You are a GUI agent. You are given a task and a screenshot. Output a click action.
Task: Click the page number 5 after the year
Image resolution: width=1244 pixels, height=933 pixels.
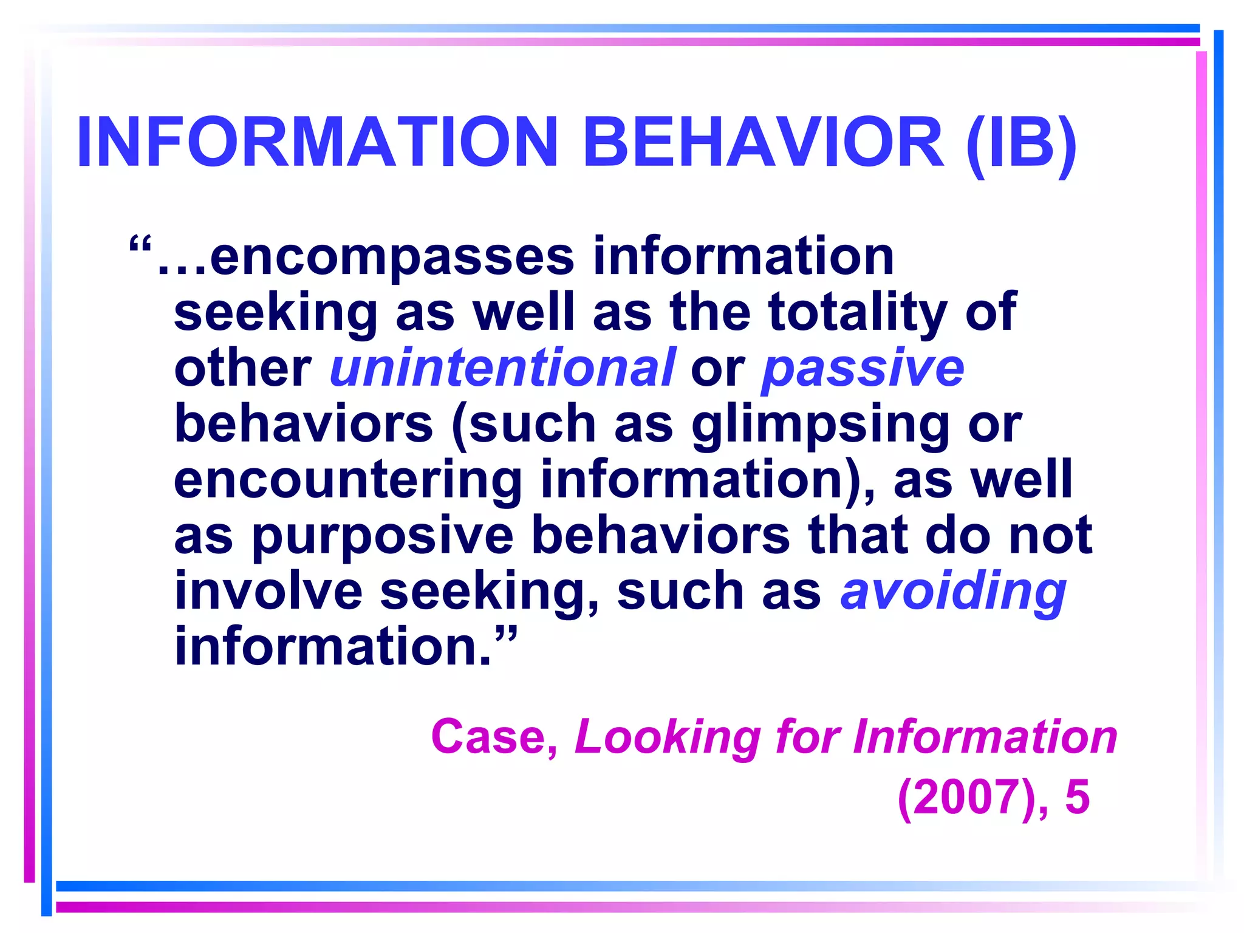pyautogui.click(x=1078, y=798)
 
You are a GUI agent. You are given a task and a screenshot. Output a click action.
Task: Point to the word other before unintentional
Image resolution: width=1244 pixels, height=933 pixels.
pyautogui.click(x=242, y=369)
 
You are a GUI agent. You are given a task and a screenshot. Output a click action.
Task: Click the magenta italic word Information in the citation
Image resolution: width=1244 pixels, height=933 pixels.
pyautogui.click(x=985, y=737)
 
